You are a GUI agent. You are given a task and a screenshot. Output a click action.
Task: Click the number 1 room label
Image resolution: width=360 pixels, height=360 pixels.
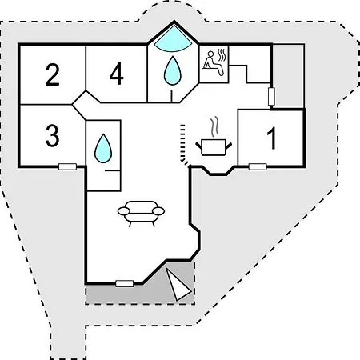tap(272, 138)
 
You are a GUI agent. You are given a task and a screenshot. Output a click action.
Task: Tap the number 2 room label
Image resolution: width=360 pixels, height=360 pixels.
tap(53, 74)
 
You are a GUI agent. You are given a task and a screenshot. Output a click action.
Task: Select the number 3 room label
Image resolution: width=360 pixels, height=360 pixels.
tap(52, 135)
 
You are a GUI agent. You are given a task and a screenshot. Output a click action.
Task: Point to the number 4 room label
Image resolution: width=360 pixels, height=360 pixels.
tap(117, 74)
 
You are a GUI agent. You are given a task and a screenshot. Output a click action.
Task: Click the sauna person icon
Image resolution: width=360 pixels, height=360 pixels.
tap(213, 63)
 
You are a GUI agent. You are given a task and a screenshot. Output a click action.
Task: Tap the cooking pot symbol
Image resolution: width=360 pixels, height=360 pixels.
tap(214, 146)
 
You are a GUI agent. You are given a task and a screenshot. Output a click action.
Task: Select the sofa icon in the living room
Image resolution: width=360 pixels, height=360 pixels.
tap(141, 214)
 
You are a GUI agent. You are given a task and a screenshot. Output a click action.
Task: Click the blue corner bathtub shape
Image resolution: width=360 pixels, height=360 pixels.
tap(173, 39)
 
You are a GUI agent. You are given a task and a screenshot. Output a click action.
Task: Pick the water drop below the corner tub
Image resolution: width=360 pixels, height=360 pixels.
tap(172, 70)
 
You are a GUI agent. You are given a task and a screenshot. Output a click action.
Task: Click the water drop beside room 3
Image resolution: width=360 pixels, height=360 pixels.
tap(103, 149)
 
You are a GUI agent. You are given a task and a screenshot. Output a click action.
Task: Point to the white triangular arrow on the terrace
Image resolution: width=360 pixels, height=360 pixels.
tap(178, 284)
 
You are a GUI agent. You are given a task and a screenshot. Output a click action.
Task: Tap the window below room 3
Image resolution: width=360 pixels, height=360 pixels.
tap(67, 167)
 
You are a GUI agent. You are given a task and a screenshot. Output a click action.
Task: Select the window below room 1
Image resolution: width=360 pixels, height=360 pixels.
tap(258, 167)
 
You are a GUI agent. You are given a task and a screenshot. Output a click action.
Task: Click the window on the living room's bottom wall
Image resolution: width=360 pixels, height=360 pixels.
tap(125, 283)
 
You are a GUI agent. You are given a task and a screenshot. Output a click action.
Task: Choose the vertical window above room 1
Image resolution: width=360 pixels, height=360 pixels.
tap(271, 96)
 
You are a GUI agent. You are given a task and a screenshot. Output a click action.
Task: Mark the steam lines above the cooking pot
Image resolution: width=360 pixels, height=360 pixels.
tap(214, 126)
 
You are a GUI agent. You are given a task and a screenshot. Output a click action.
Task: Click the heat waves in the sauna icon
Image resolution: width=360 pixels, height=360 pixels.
tap(222, 55)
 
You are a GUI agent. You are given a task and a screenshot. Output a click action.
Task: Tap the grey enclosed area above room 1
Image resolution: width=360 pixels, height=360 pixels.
tap(288, 77)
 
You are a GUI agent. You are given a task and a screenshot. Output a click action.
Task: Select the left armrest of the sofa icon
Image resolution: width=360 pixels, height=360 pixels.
tap(124, 211)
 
